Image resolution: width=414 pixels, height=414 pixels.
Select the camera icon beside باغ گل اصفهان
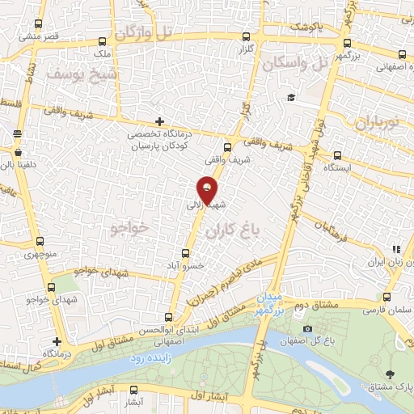pyautogui.click(x=307, y=328)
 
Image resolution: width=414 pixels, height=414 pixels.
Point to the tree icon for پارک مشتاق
pyautogui.click(x=391, y=373)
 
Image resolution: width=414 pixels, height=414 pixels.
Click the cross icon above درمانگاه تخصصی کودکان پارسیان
pyautogui.click(x=159, y=121)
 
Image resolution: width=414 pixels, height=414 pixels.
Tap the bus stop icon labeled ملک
pyautogui.click(x=102, y=42)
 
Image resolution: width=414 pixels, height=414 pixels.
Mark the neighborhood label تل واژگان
pyautogui.click(x=144, y=32)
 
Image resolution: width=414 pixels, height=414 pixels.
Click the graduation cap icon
pyautogui.click(x=289, y=98)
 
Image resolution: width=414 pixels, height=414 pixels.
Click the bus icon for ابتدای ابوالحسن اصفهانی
pyautogui.click(x=168, y=318)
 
